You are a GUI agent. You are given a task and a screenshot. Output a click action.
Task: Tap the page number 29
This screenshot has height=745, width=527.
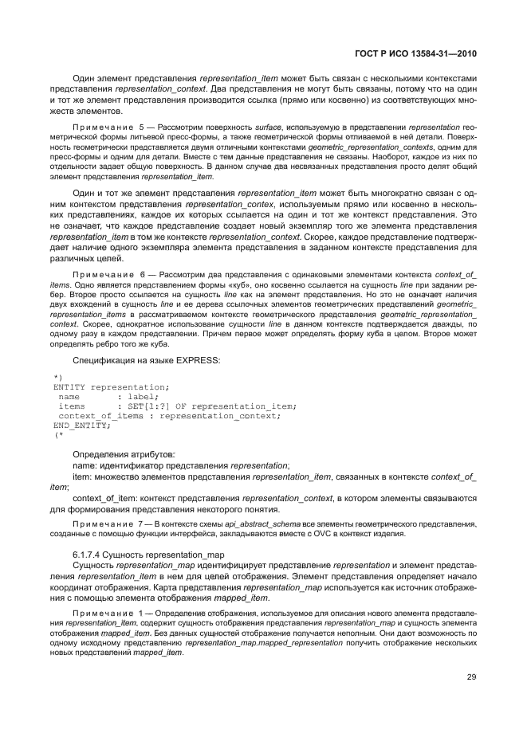pos(471,678)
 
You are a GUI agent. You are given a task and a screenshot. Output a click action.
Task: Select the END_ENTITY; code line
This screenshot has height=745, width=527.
pos(81,425)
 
